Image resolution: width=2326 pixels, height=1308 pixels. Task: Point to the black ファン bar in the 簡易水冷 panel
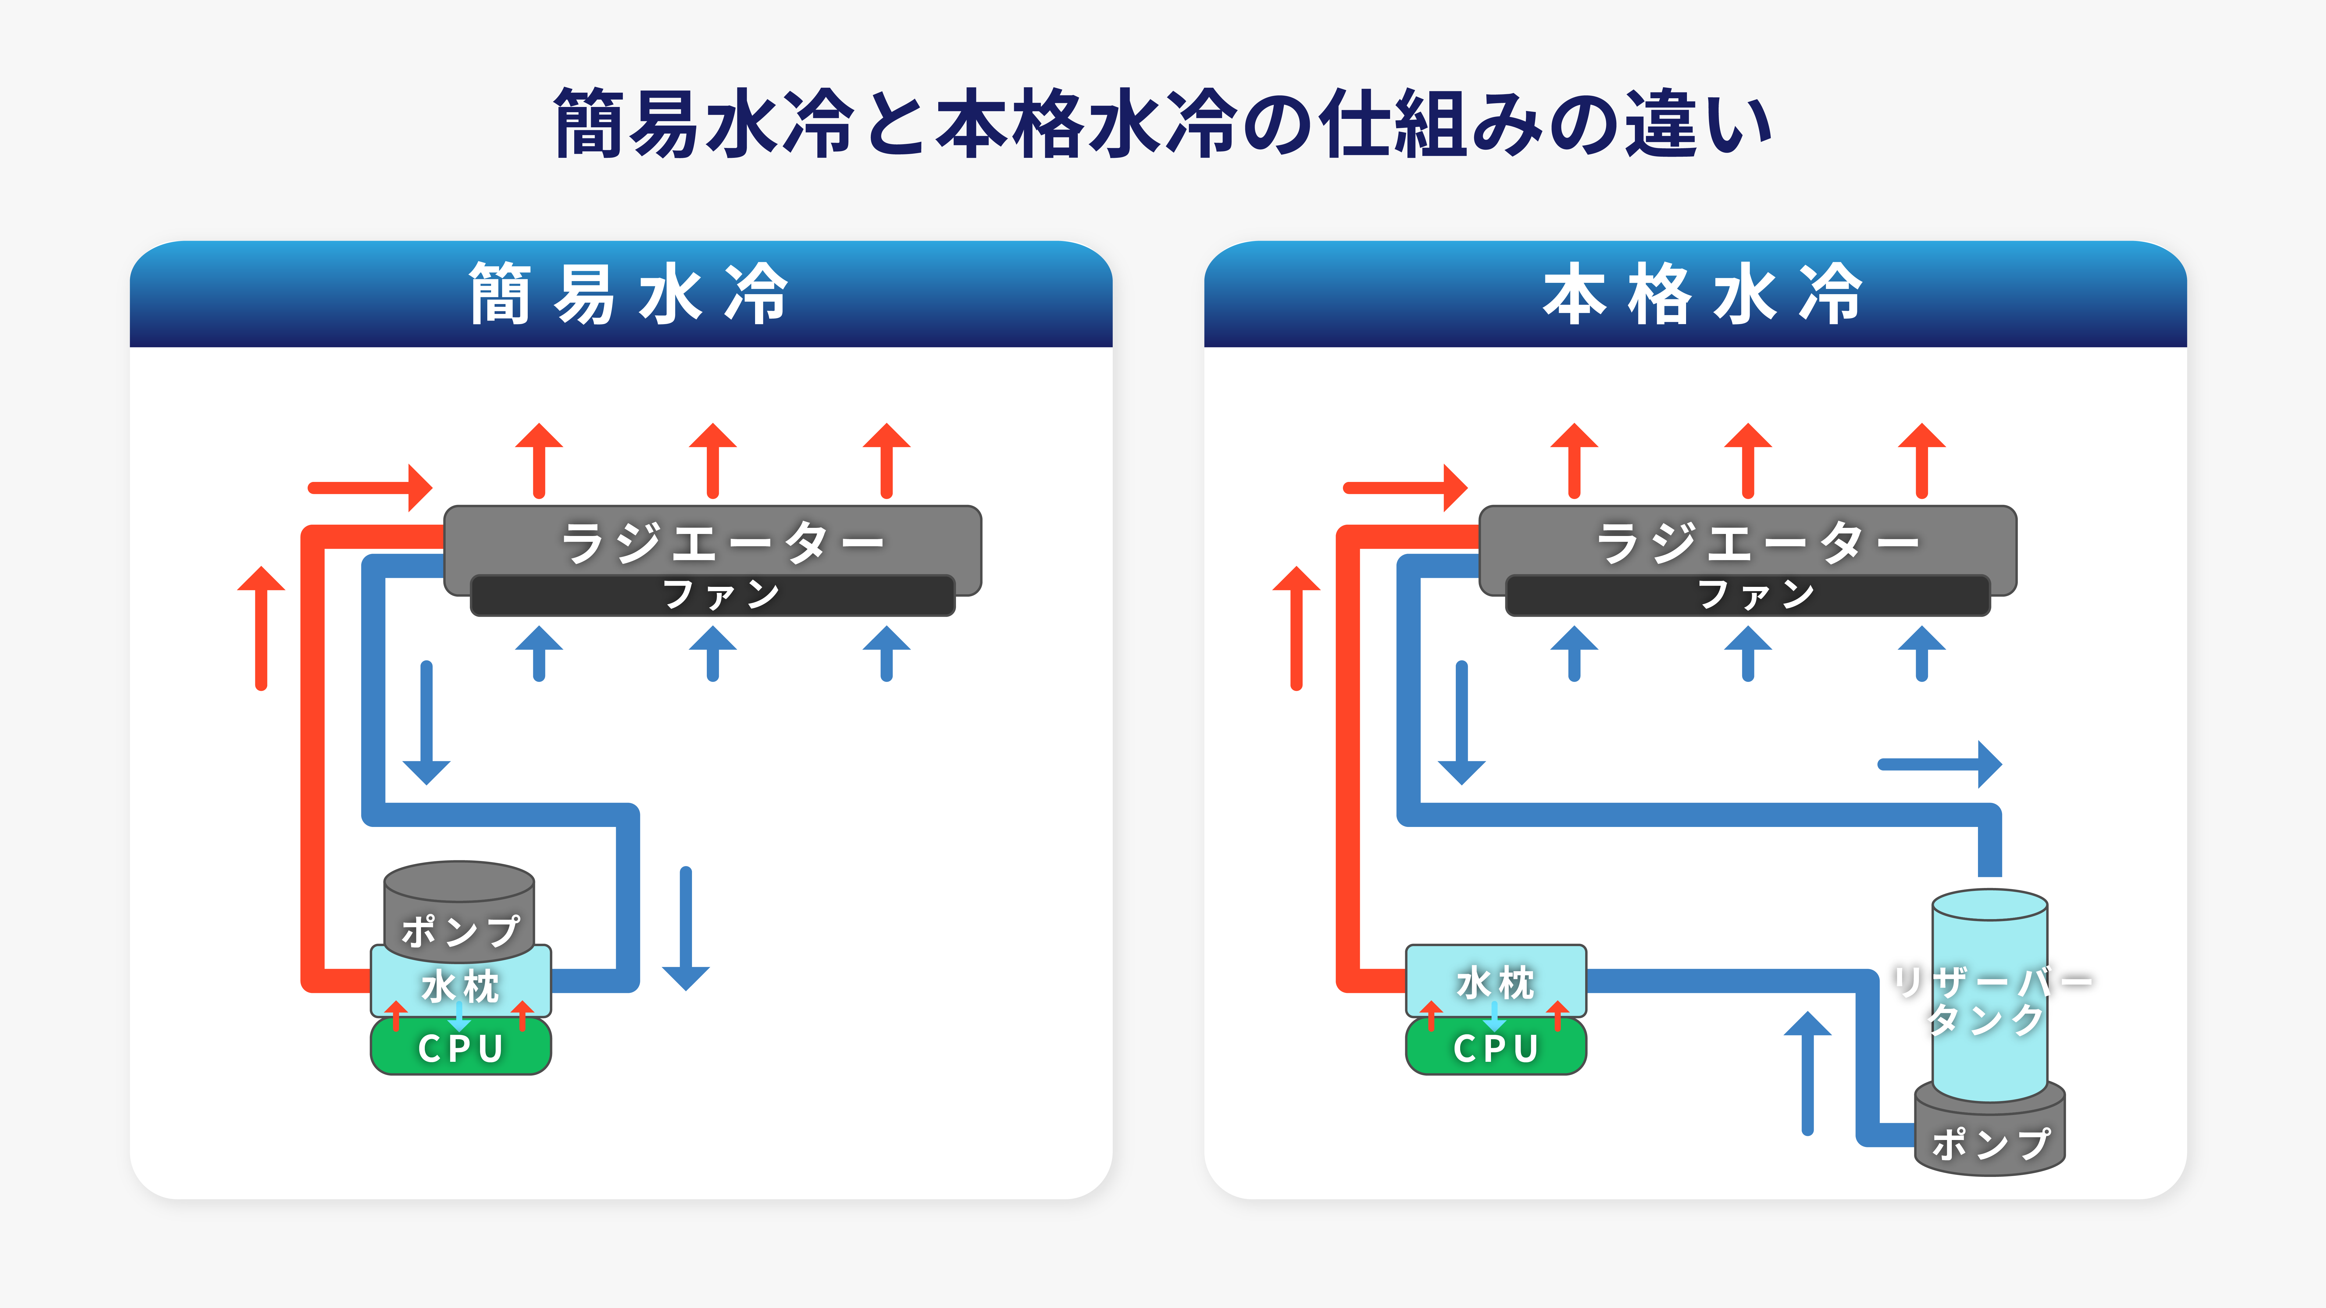(712, 595)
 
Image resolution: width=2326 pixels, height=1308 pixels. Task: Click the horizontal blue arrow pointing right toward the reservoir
(1940, 764)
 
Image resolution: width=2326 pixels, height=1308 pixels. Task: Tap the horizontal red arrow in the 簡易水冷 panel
(370, 487)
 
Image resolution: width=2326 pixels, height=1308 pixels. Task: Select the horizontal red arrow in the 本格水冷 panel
(1405, 487)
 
